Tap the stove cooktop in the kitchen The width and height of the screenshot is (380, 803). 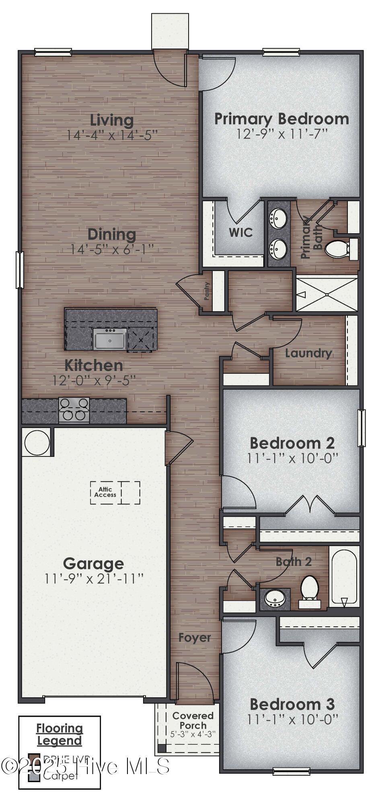pyautogui.click(x=74, y=410)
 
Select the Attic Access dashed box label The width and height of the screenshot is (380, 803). pyautogui.click(x=105, y=492)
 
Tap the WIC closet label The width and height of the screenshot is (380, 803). pyautogui.click(x=240, y=232)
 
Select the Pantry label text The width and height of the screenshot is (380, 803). pyautogui.click(x=207, y=291)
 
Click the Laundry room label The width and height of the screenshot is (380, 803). pyautogui.click(x=308, y=353)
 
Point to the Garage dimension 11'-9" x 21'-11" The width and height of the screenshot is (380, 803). pyautogui.click(x=94, y=579)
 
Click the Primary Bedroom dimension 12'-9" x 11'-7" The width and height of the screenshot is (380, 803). pyautogui.click(x=281, y=134)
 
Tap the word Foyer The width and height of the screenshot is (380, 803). pyautogui.click(x=195, y=638)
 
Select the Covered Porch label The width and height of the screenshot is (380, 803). pyautogui.click(x=193, y=720)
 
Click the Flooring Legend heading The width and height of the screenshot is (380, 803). pyautogui.click(x=60, y=734)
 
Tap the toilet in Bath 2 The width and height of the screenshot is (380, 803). pyautogui.click(x=310, y=589)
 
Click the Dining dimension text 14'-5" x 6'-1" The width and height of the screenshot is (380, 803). pyautogui.click(x=112, y=249)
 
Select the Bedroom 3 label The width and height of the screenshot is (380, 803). pyautogui.click(x=292, y=704)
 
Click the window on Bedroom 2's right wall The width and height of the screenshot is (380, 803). pyautogui.click(x=361, y=428)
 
